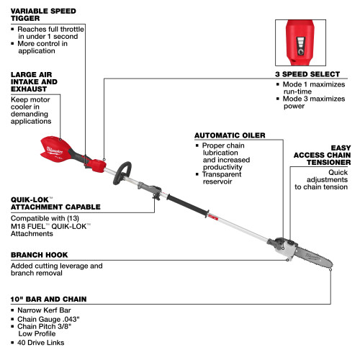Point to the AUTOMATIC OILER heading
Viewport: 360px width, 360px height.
[x=230, y=135]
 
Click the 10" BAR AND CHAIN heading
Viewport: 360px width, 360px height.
[x=48, y=298]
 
